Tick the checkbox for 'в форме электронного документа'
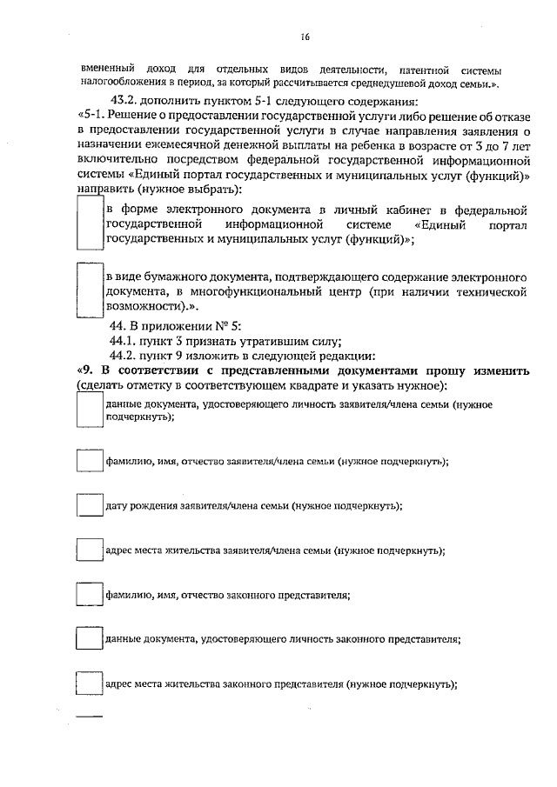tap(90, 223)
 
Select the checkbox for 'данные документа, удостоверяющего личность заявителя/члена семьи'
tap(90, 410)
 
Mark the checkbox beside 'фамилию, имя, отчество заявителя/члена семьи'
tap(90, 461)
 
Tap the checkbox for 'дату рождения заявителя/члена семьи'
tap(90, 505)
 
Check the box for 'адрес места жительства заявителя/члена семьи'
tap(90, 550)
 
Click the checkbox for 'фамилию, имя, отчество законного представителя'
tap(90, 595)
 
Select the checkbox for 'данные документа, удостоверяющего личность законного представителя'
tap(90, 639)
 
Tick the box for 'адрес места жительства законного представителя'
tap(90, 684)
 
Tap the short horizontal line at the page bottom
tap(90, 716)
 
